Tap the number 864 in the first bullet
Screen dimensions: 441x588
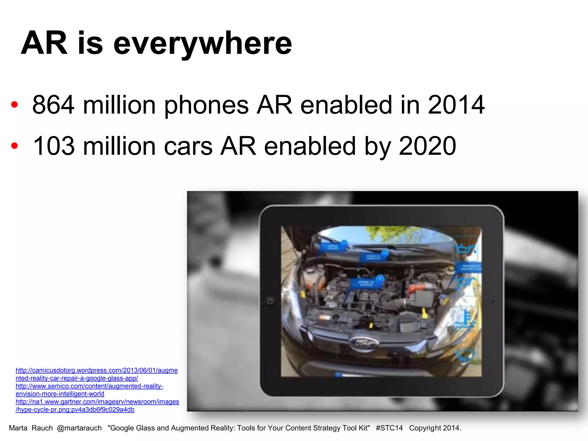click(53, 105)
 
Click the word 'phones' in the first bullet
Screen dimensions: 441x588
click(206, 105)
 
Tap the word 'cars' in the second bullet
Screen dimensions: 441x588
click(188, 146)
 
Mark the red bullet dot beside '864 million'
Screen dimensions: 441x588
click(14, 105)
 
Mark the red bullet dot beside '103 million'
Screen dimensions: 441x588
click(14, 146)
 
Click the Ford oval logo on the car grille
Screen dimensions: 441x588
click(364, 342)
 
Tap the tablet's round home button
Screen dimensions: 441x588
click(270, 301)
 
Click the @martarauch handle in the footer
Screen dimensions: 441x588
click(79, 428)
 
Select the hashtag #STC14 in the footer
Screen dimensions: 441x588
click(389, 428)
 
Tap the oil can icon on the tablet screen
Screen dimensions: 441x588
click(465, 248)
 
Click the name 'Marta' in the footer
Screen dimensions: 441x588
click(18, 428)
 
